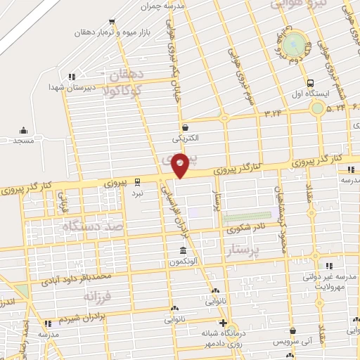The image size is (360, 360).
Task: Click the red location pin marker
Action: [181, 165]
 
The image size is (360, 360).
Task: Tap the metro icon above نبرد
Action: [138, 180]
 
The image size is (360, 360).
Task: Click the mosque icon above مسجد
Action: [23, 130]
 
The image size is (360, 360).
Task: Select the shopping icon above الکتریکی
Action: [184, 127]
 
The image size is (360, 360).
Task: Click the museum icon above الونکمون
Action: [183, 251]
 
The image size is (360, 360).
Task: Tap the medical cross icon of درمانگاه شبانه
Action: [222, 323]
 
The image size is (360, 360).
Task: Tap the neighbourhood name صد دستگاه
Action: [94, 226]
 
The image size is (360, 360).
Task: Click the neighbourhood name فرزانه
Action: [98, 296]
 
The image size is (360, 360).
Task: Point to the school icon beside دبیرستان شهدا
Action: [71, 77]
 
